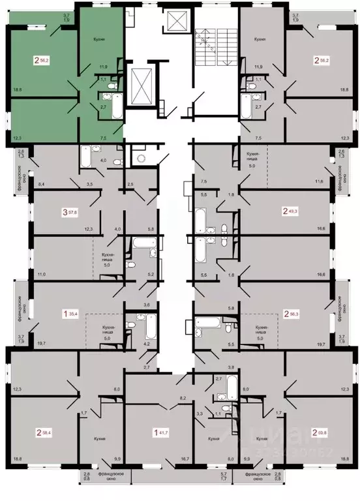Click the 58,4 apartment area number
click(48, 431)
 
